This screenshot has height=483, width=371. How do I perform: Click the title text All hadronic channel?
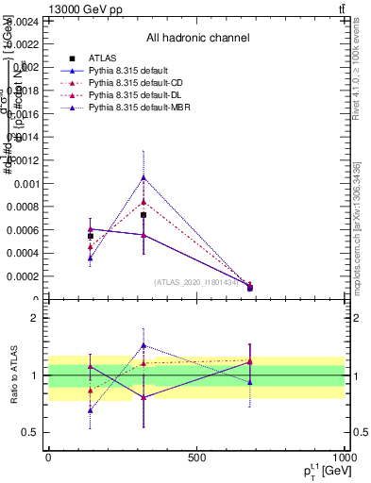pos(197,38)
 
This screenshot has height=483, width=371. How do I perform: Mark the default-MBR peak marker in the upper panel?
pos(143,176)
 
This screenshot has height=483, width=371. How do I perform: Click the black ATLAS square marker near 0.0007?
pos(143,215)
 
